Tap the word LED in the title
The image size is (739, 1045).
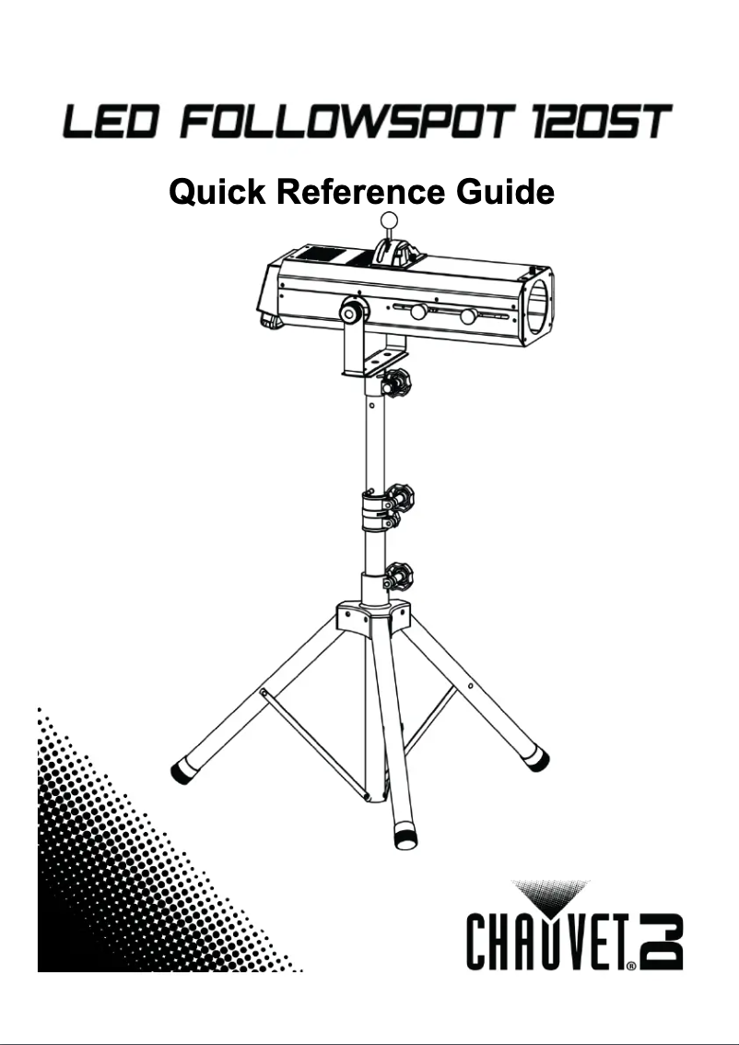111,123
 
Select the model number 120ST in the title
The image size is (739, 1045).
602,123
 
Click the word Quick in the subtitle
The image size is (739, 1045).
217,192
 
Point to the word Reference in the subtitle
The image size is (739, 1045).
360,192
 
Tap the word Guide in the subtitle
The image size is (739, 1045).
505,192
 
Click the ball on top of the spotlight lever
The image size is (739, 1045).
388,220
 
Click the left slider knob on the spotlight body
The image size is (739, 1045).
418,311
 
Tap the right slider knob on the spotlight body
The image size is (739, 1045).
469,315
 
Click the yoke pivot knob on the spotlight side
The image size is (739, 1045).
354,310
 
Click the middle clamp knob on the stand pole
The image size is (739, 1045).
400,497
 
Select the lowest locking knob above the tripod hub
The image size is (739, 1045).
398,576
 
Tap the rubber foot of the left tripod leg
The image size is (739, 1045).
182,772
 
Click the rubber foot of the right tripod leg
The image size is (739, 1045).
539,759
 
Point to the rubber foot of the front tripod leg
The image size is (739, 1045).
405,837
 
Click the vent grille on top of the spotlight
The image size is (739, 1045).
318,255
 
